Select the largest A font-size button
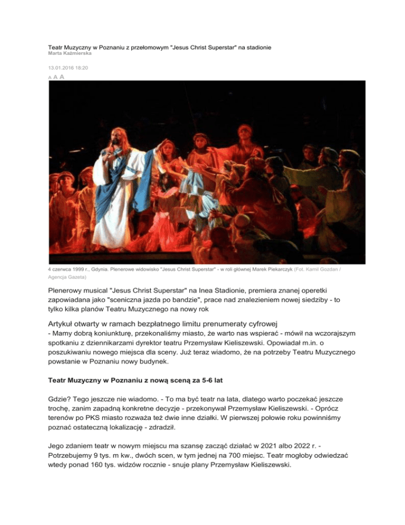pos(62,77)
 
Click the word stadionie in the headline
pos(257,47)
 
